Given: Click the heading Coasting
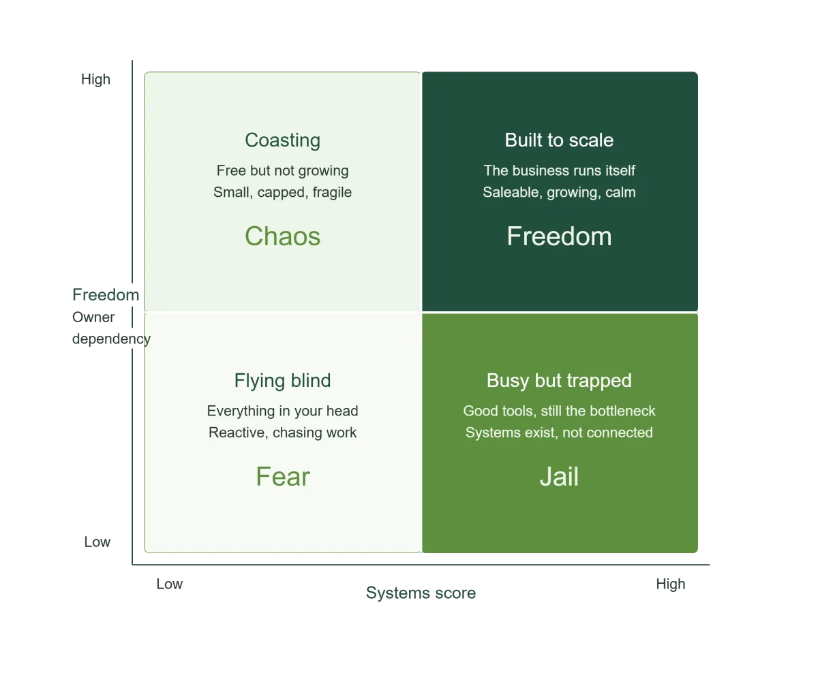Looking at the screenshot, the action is (x=282, y=140).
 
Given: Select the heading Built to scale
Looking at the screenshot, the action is (x=559, y=140).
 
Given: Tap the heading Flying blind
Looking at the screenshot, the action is (x=282, y=380).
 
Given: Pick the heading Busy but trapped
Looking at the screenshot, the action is (x=559, y=380).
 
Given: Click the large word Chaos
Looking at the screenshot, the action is (x=282, y=236).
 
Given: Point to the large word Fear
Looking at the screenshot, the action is (x=283, y=476).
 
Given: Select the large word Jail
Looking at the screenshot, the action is (x=559, y=476).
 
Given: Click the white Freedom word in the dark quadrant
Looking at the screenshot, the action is (x=559, y=236).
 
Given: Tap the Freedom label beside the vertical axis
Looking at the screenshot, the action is (x=106, y=295).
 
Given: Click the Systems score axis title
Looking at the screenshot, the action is (x=421, y=593).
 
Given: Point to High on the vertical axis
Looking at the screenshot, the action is (x=96, y=79).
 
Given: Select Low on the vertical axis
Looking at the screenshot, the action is (x=97, y=542).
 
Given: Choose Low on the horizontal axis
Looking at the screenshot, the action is (x=170, y=584).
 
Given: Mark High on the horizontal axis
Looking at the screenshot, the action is (x=671, y=584).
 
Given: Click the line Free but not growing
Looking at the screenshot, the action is (x=282, y=170).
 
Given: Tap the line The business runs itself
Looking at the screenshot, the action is (x=559, y=170).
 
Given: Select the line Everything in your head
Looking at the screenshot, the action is (x=282, y=411).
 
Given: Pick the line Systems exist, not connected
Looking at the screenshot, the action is (x=559, y=433).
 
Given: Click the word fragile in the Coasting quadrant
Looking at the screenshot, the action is (x=332, y=192).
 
